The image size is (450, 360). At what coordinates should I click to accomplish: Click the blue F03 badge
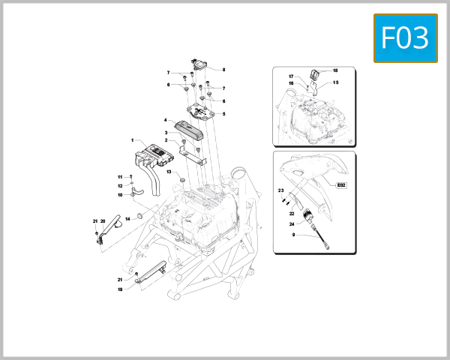405,37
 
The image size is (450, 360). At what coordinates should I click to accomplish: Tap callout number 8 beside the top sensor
223,70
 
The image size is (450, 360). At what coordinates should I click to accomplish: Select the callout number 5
223,114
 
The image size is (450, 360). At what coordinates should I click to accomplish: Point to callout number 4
165,120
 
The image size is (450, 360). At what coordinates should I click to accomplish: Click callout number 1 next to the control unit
132,140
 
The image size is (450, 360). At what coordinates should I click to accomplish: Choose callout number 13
169,172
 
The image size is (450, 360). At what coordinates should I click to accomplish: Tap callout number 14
127,218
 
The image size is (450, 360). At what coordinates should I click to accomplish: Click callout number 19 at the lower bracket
119,289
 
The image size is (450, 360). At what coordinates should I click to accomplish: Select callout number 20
103,221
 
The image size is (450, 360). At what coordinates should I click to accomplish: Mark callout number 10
119,195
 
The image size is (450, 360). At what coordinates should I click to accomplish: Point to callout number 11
119,177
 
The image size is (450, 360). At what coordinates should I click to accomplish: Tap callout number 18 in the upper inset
335,70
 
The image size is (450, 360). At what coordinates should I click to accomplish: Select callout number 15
335,82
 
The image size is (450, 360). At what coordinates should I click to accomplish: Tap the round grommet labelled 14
139,217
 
